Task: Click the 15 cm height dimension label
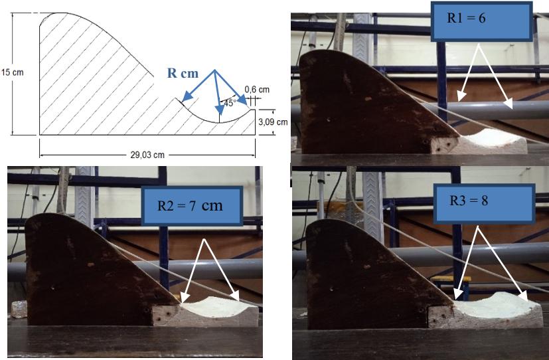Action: click(12, 72)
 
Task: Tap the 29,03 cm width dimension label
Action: click(147, 155)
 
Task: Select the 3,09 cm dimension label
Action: click(273, 122)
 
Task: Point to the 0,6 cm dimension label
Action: click(257, 90)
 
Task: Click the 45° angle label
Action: click(229, 103)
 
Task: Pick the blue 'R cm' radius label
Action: click(183, 73)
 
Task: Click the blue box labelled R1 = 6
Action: click(481, 22)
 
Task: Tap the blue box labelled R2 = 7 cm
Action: click(192, 206)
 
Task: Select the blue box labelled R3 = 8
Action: click(485, 203)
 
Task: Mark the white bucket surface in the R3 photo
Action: click(497, 306)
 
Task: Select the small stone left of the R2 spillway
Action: click(19, 309)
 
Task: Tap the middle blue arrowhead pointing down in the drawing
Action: click(220, 109)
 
